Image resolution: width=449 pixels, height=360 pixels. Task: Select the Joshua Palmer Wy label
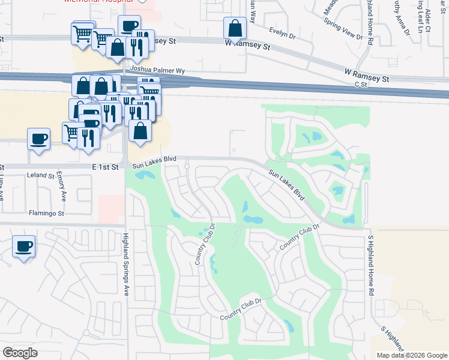[x=160, y=70]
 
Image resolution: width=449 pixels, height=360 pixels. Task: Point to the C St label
[x=361, y=85]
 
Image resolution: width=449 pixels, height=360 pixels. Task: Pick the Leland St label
[x=41, y=176]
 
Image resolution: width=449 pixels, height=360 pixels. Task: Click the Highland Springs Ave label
[x=127, y=265]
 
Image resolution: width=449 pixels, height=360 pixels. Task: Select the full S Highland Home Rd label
[x=371, y=265]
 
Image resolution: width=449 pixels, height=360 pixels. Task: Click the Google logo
[x=20, y=353]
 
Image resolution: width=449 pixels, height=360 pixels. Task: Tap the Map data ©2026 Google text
[x=412, y=355]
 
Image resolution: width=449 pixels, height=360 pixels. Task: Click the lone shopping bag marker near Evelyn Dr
[x=235, y=28]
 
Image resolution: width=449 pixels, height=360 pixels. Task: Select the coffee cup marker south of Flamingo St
[x=24, y=246]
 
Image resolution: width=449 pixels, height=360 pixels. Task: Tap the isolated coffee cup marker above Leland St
[x=38, y=139]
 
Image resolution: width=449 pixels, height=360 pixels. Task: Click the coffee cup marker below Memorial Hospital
[x=129, y=25]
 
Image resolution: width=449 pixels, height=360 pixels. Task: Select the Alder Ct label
[x=428, y=20]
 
